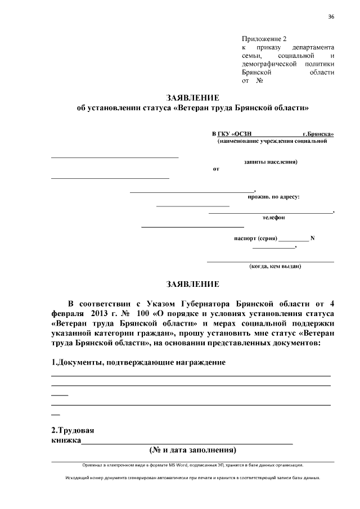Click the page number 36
[331, 17]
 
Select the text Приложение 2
[264, 39]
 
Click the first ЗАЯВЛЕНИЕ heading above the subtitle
[192, 97]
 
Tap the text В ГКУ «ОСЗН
[231, 134]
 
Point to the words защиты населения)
[271, 162]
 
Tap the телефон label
[273, 217]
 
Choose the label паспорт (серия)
[255, 238]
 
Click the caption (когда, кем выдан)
[275, 266]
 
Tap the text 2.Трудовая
[72, 430]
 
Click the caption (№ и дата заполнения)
[192, 450]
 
